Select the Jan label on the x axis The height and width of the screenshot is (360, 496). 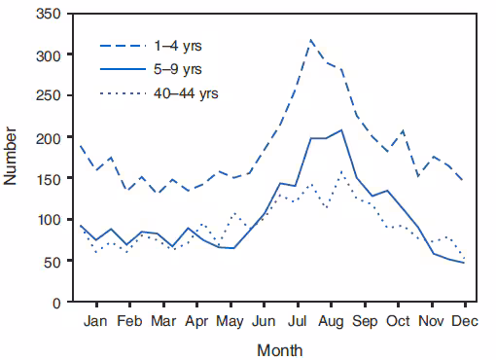click(x=95, y=319)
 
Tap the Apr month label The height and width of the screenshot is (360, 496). click(x=197, y=319)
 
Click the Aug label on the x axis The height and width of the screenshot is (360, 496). click(x=331, y=319)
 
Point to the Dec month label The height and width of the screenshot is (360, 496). click(x=463, y=319)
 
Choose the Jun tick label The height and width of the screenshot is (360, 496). click(x=264, y=319)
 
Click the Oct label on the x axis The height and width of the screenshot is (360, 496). click(x=397, y=319)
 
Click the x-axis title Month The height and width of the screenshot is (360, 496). click(x=279, y=347)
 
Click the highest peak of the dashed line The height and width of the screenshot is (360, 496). click(x=311, y=40)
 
